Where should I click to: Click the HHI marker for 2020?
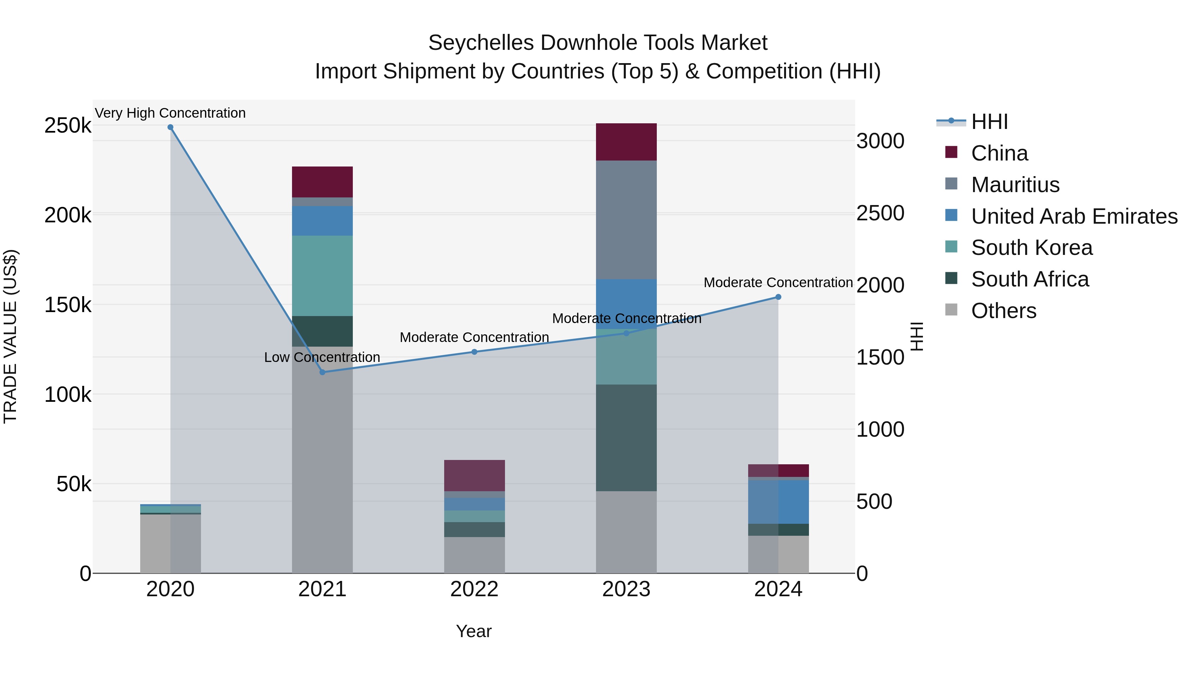pos(170,127)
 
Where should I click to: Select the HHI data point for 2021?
pos(323,372)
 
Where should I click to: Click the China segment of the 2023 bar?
pos(626,142)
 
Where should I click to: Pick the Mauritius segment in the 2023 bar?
pos(626,219)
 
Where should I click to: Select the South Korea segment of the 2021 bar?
pos(322,276)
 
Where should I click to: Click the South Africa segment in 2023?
pos(626,437)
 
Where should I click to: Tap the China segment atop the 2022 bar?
pos(474,475)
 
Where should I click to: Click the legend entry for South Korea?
pos(1031,248)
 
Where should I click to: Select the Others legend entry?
pos(1003,311)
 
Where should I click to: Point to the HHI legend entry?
pos(989,122)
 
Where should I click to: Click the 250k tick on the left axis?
pos(68,125)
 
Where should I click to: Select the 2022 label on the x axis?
pos(474,589)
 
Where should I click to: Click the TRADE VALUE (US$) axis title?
pos(11,336)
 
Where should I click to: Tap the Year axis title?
pos(473,631)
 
